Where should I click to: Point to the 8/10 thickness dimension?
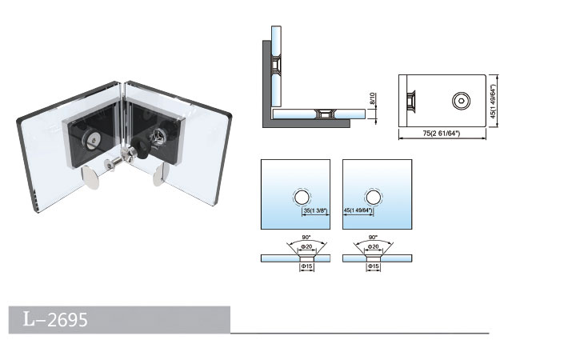pos(372,102)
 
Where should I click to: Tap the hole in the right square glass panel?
pos(372,198)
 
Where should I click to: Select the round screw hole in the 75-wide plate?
pos(462,101)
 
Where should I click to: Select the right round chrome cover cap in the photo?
pos(160,174)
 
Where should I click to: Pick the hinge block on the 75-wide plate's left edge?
pos(412,102)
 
